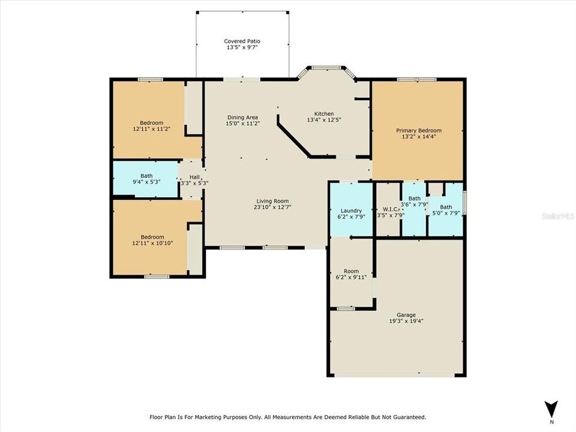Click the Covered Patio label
[x=242, y=41]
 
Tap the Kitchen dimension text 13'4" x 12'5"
[x=324, y=120]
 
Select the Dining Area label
[x=242, y=118]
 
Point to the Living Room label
[x=272, y=201]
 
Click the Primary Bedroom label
[x=419, y=130]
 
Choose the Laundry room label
[x=351, y=211]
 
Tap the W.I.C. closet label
[x=388, y=209]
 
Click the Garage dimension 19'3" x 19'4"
[x=406, y=320]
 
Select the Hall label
[x=194, y=177]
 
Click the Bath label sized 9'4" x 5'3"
[x=146, y=176]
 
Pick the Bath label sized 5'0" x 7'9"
[x=446, y=207]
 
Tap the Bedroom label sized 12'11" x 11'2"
[x=151, y=122]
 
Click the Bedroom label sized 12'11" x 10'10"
[x=152, y=237]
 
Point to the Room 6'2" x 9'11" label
[x=352, y=271]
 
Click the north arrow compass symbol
[x=551, y=409]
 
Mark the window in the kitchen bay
[x=326, y=68]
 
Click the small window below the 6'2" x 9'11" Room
[x=346, y=308]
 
